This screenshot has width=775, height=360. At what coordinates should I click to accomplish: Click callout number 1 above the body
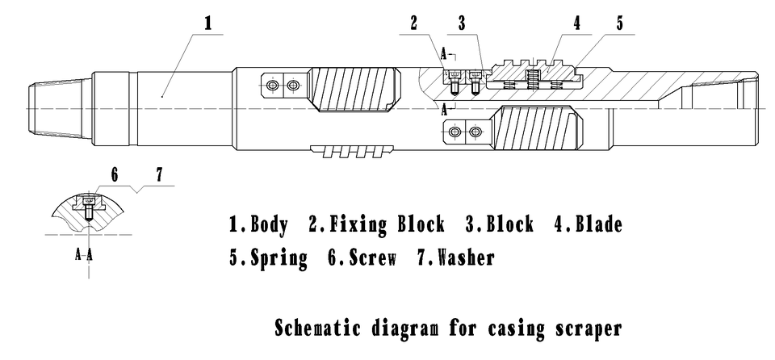tap(207, 23)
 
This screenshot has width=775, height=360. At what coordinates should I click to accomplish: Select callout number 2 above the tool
tap(413, 23)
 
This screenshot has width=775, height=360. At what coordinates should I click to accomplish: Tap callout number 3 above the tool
tap(463, 23)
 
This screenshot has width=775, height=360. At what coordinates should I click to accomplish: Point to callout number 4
tap(577, 23)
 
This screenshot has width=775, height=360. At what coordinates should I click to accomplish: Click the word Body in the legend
tap(269, 225)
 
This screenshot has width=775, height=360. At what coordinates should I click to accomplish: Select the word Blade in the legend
tap(598, 225)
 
